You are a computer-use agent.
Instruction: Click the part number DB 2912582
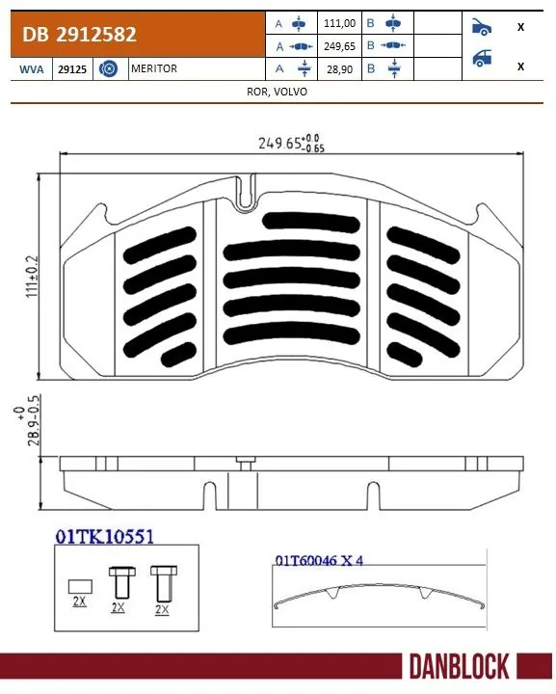coord(80,35)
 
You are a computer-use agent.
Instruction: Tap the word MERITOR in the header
coord(154,69)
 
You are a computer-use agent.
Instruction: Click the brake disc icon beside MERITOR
coord(108,69)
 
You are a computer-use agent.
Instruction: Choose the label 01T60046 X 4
coord(318,560)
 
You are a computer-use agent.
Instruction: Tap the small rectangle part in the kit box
coord(80,584)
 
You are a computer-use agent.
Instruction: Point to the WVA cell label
coord(30,69)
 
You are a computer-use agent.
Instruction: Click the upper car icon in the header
coord(481,26)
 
